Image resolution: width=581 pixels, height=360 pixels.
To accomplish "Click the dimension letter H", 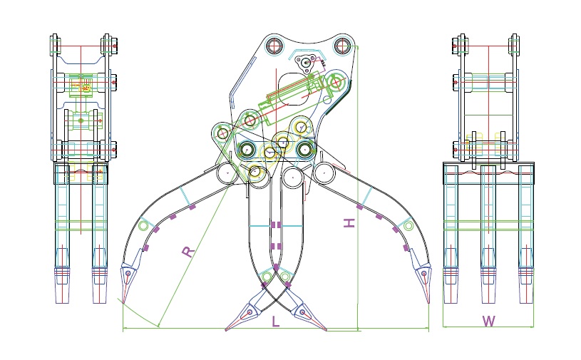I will [x=349, y=223].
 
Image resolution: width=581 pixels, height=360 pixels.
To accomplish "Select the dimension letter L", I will [x=276, y=322].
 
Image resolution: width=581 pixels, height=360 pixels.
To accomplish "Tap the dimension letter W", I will [x=488, y=321].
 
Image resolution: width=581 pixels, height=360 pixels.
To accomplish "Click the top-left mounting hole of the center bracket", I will [x=274, y=46].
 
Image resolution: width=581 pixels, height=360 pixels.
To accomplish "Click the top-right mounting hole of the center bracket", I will [x=343, y=46].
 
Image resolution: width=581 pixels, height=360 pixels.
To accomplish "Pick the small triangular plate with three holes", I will [x=307, y=63].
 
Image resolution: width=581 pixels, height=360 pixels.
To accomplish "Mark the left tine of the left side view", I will [x=63, y=235].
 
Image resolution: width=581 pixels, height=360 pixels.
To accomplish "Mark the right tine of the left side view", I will [x=98, y=235].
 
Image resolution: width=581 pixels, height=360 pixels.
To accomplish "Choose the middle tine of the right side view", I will [x=488, y=235].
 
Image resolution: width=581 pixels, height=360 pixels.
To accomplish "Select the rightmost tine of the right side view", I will [x=525, y=235].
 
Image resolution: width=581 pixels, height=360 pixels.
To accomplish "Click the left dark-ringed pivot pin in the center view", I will [x=247, y=150].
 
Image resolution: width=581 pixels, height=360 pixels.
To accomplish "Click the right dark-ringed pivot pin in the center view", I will [x=304, y=150].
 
